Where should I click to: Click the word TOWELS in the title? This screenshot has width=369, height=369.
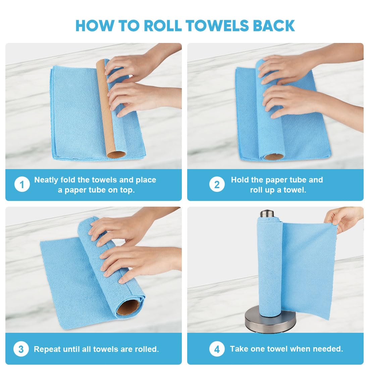217,26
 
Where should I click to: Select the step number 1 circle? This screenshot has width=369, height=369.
22,185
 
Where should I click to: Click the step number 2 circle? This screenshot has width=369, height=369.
217,185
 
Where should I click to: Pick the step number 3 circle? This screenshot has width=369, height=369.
21,349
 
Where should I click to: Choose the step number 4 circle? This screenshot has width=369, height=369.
217,349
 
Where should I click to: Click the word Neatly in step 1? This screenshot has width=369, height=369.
46,180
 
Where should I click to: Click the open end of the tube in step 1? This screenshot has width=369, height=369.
116,155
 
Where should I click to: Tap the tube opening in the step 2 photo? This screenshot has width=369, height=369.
274,157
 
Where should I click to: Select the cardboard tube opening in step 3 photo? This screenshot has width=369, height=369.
128,306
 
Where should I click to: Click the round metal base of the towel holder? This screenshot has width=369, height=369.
270,320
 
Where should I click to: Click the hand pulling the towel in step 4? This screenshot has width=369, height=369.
346,218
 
